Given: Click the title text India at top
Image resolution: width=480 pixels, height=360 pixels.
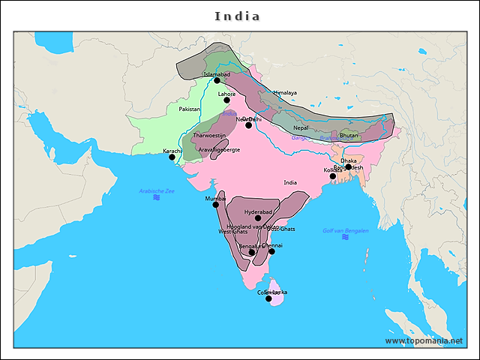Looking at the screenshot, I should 238,16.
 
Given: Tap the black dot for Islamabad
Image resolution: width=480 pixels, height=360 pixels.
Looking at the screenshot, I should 217,80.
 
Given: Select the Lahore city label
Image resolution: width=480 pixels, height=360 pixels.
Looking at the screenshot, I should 226,94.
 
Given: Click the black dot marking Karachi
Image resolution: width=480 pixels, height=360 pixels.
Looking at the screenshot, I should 172,157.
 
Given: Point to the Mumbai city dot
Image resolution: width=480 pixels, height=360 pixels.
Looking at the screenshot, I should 215,204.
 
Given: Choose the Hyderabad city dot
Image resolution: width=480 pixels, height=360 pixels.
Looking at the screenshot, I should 258,218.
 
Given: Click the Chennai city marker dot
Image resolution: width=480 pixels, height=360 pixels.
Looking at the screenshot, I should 271,251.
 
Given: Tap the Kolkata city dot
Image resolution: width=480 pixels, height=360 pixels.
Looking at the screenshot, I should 333,176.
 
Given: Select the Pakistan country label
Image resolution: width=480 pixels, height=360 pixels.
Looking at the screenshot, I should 190,109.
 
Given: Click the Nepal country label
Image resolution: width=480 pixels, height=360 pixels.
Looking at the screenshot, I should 301,127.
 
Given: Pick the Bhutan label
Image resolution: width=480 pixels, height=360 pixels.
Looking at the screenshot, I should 349,136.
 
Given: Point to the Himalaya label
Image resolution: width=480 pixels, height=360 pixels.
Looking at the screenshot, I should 285,93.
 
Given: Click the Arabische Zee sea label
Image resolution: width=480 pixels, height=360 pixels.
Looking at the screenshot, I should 156,190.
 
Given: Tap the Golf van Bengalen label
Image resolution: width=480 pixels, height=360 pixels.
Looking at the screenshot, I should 345,230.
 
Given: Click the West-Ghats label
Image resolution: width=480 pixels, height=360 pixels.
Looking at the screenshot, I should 232,232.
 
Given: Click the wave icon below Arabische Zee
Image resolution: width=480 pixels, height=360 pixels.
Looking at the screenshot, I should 156,198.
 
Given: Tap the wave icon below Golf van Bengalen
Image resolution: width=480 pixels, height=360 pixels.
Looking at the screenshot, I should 345,238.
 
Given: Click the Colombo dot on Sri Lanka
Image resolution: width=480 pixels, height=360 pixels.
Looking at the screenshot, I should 268,298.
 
